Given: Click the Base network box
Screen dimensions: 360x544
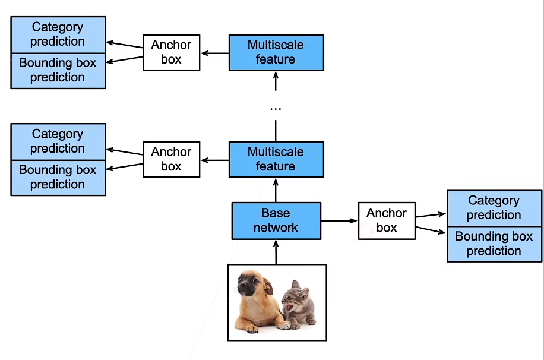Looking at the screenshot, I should click(276, 220).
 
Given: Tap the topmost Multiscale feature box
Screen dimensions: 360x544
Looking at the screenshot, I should click(276, 52).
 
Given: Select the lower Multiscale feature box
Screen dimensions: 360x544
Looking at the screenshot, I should click(276, 159).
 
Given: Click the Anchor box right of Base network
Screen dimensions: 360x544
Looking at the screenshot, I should click(387, 220).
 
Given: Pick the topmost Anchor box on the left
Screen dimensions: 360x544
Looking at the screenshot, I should click(171, 52).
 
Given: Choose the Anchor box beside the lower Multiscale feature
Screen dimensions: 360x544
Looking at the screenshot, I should click(171, 159).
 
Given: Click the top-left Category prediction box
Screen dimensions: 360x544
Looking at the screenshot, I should click(58, 34).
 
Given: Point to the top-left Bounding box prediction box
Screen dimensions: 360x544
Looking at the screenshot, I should click(58, 71).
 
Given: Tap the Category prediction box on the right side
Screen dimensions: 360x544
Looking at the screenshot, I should click(494, 208).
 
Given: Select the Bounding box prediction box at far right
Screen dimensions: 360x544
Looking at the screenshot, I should click(494, 244).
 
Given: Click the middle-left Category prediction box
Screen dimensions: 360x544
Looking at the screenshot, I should click(58, 141).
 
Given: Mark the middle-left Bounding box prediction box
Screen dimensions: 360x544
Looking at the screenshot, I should click(58, 178).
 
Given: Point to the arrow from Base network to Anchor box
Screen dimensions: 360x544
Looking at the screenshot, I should click(339, 221).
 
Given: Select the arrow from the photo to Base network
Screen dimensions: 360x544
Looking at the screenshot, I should click(276, 252).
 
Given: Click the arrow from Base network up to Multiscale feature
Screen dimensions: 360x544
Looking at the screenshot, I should click(276, 190).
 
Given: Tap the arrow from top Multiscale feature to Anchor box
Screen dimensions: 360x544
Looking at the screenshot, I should click(214, 53).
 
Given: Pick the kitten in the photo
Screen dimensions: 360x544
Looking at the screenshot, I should click(297, 303).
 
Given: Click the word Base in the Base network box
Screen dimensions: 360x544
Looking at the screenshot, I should click(276, 213).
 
